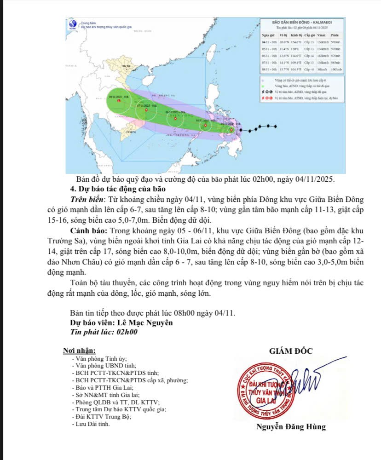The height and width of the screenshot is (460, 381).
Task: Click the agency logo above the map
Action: point(73,24)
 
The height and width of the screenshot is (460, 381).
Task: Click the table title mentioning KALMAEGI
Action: point(302,22)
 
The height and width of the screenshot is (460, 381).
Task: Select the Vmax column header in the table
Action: point(322,35)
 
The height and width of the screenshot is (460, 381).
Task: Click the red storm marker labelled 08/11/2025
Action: point(119,100)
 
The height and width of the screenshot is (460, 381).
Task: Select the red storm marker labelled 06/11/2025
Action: point(175,117)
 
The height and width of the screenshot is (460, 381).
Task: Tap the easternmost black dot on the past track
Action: point(275,126)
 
